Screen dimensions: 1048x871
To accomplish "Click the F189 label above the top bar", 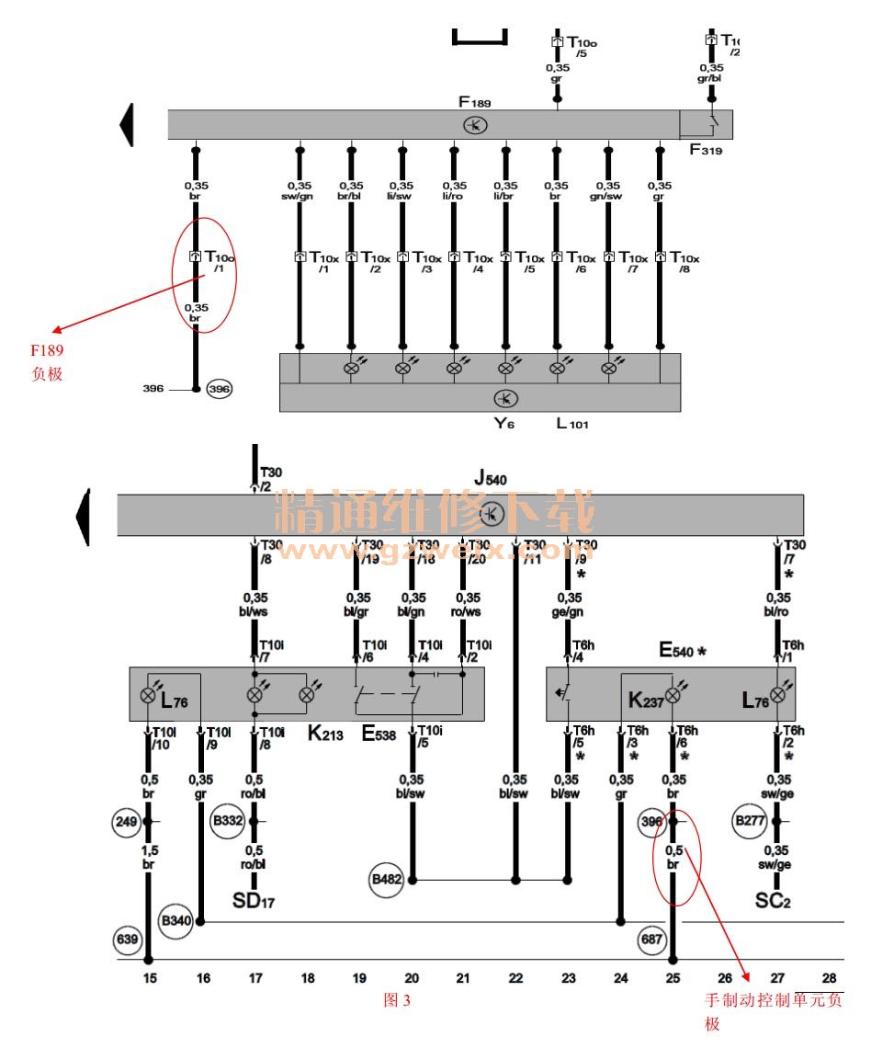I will [475, 100].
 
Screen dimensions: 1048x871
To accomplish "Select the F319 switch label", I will [706, 149].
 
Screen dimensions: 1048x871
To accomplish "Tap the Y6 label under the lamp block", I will [504, 424].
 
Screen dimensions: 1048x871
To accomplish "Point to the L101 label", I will [571, 424].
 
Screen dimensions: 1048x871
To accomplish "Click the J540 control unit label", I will [491, 478].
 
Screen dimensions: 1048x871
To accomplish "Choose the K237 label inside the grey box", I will [646, 700].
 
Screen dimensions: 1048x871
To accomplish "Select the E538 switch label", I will [379, 735].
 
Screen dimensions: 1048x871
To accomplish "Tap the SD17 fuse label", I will [254, 900].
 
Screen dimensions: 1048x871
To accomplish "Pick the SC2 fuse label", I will [773, 900].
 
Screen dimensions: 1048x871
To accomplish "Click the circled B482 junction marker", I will [386, 880].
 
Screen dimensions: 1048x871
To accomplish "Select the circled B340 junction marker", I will [175, 920].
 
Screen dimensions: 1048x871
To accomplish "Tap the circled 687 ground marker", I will [651, 940].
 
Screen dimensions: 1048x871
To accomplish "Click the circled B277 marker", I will [750, 820].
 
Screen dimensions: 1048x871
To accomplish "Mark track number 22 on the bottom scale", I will [515, 978].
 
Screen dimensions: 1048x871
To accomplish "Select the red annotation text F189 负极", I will [47, 361].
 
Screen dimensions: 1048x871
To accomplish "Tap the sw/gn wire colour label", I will [300, 196].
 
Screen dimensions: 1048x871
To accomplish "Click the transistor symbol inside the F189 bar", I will [475, 125].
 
